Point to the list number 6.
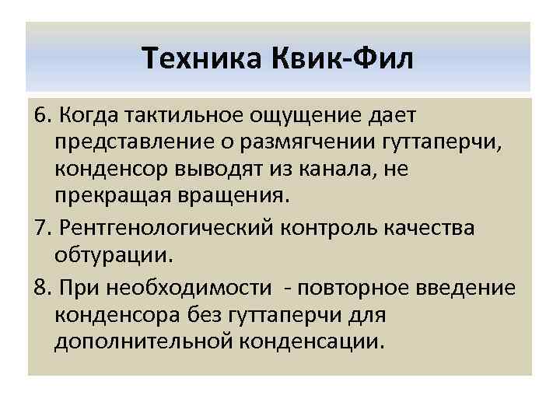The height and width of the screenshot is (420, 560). coord(41,115)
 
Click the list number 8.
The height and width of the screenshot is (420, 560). coord(41,288)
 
